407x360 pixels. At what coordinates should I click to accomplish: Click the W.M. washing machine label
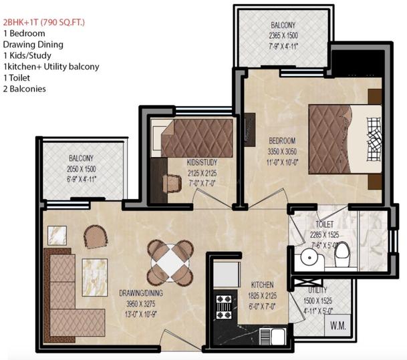tap(338, 325)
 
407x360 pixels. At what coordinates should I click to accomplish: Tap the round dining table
tap(170, 262)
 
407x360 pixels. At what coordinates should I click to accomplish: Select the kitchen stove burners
tap(224, 307)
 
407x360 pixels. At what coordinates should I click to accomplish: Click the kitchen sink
tap(273, 336)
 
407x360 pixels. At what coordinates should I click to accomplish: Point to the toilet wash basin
tap(309, 258)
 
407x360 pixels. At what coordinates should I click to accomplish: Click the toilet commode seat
tap(342, 254)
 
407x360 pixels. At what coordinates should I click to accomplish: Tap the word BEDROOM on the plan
tap(282, 141)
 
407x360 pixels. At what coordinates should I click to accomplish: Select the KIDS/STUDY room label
tap(202, 162)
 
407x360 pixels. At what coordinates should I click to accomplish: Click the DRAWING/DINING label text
tap(141, 293)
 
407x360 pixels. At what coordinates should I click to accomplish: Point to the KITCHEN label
tap(262, 285)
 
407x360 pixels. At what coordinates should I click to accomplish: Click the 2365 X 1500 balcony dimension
tap(283, 35)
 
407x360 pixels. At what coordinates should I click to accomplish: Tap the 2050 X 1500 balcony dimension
tap(82, 169)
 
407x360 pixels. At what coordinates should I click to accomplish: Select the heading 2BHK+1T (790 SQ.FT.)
tap(44, 22)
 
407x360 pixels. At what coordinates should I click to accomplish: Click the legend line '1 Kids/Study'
tap(27, 55)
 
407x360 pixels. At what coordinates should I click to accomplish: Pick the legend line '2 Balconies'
tap(25, 89)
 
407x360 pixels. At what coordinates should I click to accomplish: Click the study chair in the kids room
tap(172, 184)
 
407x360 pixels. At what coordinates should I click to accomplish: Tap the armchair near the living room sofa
tap(96, 236)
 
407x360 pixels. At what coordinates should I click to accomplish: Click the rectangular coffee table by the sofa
tap(95, 278)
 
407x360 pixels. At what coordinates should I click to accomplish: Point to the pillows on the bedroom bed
tap(374, 140)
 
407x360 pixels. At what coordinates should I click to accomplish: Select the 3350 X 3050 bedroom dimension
tap(282, 152)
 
